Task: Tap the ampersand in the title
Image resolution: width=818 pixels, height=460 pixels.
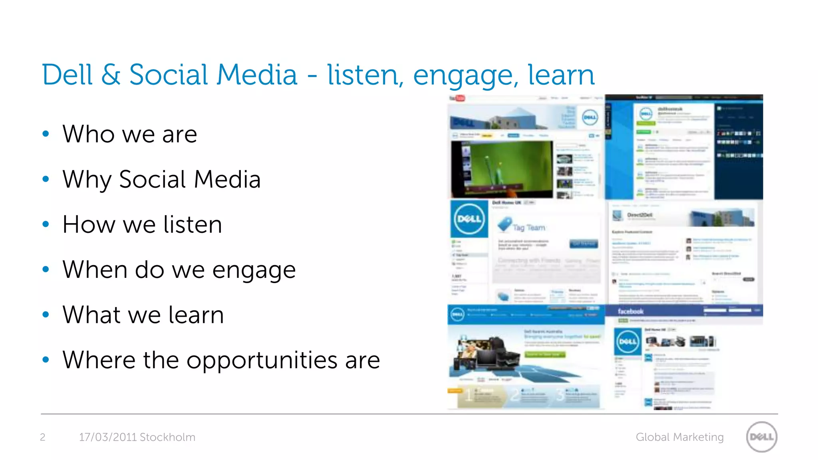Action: (x=111, y=75)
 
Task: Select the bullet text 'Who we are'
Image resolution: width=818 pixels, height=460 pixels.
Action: (x=130, y=134)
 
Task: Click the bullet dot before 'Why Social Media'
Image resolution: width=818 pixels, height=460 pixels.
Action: (x=46, y=179)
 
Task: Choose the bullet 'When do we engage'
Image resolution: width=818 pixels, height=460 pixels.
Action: (x=179, y=270)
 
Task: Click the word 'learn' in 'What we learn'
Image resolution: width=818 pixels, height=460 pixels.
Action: (x=196, y=315)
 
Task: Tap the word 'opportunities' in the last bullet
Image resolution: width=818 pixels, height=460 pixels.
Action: (x=262, y=360)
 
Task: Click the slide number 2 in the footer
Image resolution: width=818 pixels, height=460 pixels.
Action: (x=43, y=437)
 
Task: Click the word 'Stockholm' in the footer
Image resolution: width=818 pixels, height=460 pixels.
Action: (x=167, y=437)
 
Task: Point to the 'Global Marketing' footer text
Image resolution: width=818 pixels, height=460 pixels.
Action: (x=679, y=437)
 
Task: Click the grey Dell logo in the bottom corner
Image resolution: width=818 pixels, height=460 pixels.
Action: (x=762, y=437)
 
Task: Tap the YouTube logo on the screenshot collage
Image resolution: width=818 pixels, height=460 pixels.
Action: (x=457, y=98)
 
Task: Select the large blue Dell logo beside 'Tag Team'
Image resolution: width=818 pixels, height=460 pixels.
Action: (x=469, y=219)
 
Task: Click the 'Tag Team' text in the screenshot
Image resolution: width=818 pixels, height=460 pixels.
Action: (x=528, y=227)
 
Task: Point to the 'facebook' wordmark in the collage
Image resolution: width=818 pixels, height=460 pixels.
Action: (x=630, y=311)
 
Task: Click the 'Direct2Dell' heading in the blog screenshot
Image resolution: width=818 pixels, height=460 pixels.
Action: (x=640, y=215)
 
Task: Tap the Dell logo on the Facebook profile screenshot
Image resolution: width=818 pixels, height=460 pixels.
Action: (x=627, y=341)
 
